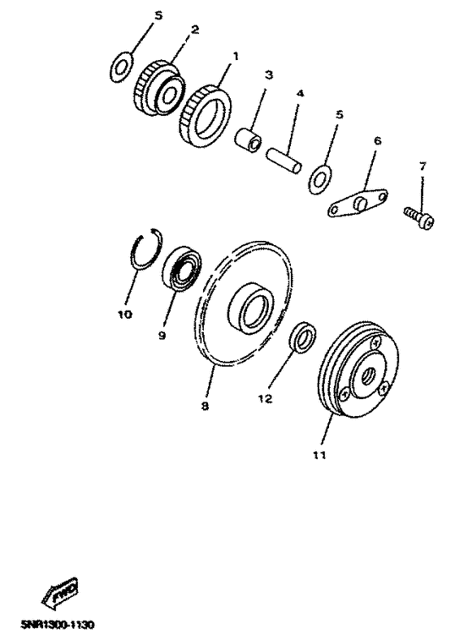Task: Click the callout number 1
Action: point(235,56)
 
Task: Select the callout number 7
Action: point(422,166)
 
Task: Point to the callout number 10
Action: point(125,314)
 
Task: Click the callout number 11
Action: point(319,455)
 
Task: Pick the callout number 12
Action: point(265,398)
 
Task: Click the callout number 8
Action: point(205,406)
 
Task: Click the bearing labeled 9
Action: point(182,268)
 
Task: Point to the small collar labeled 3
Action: point(248,141)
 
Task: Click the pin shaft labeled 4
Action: point(284,161)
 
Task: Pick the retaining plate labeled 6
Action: point(357,203)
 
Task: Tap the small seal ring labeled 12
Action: point(303,337)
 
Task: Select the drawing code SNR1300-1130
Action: point(57,625)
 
